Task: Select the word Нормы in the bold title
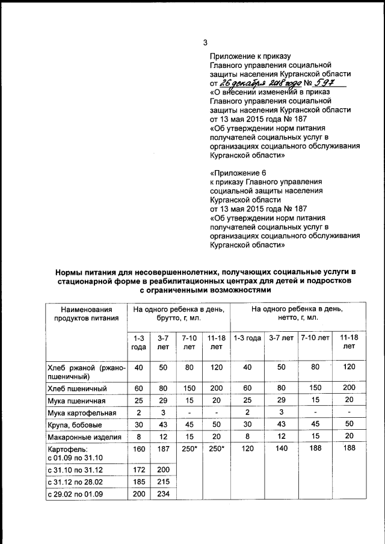(x=69, y=274)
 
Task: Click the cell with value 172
(x=138, y=468)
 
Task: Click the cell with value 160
(x=138, y=448)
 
